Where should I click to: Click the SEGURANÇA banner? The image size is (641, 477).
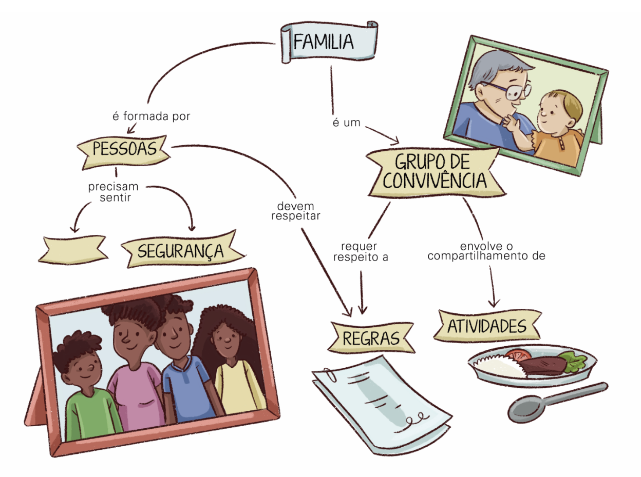[x=180, y=251]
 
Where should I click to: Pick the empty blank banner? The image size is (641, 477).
[x=75, y=249]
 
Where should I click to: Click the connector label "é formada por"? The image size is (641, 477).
[x=151, y=116]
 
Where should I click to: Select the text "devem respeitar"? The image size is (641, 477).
[x=298, y=211]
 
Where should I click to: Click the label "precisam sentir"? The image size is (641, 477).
[x=113, y=190]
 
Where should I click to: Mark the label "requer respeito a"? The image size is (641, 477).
[x=360, y=252]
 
